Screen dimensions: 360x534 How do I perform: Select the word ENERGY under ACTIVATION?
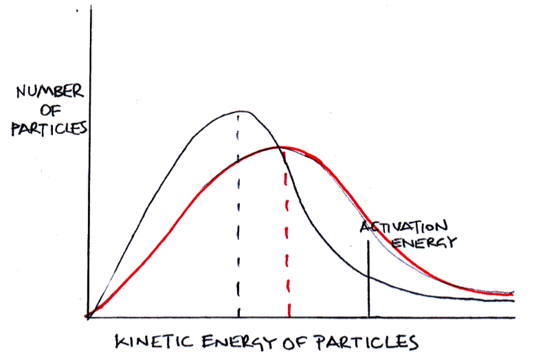[424, 242]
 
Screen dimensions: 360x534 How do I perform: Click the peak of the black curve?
[242, 111]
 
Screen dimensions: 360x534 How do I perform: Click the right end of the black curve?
[513, 300]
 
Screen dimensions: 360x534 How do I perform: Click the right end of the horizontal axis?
[515, 317]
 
